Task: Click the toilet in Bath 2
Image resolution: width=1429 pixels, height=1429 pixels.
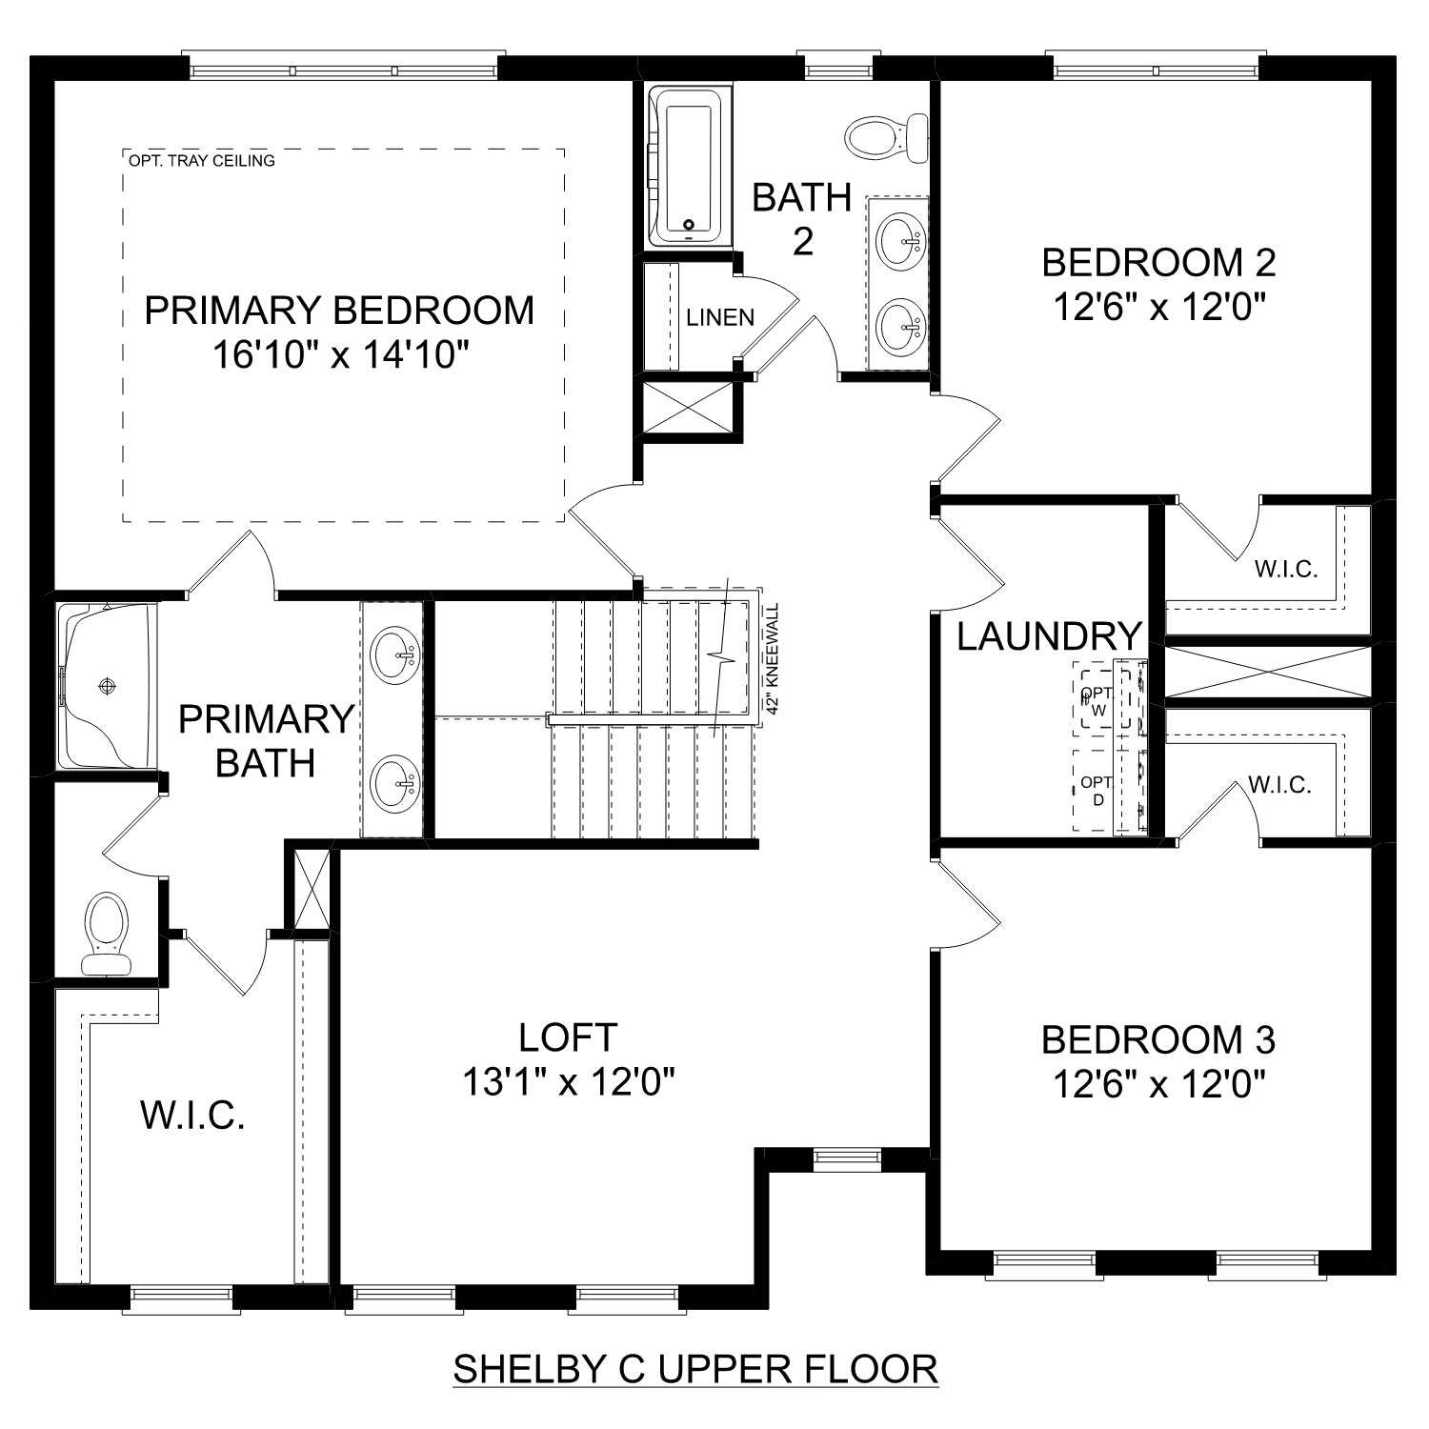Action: point(884,137)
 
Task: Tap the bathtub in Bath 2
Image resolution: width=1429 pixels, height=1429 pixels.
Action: point(688,169)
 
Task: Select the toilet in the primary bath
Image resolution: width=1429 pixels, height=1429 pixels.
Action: point(106,934)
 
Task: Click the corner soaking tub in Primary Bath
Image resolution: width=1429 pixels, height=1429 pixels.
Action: point(105,686)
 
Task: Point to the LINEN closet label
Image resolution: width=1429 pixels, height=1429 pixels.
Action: point(720,318)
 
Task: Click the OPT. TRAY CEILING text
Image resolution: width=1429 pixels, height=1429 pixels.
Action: point(201,161)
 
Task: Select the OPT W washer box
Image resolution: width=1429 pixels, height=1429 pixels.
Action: point(1097,701)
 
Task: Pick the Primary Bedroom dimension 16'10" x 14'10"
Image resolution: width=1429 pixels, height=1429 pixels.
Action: point(340,356)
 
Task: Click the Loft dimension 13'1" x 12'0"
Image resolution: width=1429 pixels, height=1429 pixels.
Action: point(569,1082)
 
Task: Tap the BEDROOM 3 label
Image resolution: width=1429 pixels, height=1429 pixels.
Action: point(1157,1039)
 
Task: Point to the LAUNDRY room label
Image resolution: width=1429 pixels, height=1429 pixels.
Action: point(1049,636)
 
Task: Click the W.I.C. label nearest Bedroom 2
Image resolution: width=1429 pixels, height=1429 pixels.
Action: point(1285,570)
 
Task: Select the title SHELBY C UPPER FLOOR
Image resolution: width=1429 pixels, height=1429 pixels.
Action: point(695,1369)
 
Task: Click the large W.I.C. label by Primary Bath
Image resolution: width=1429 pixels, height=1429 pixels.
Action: point(193,1115)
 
